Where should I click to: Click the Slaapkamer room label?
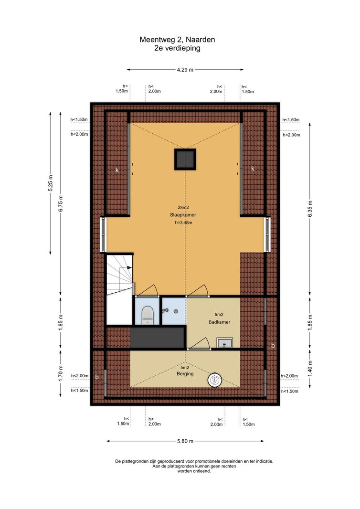click(x=183, y=215)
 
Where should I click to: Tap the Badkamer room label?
click(x=220, y=322)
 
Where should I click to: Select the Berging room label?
click(x=185, y=374)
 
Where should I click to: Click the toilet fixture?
click(x=148, y=315)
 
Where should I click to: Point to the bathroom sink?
click(x=225, y=343)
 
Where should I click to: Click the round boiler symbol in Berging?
click(x=214, y=380)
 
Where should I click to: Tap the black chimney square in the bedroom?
click(x=185, y=159)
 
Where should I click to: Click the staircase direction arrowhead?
click(x=129, y=267)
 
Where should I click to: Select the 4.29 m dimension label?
click(x=185, y=69)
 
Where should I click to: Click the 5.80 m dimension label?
click(x=185, y=441)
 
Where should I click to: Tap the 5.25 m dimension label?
click(x=50, y=184)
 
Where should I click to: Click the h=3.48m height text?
click(x=183, y=223)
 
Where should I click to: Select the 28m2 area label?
click(x=183, y=207)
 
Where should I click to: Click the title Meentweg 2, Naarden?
click(x=177, y=40)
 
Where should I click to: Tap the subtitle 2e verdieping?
click(x=177, y=48)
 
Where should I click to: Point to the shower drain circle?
click(x=176, y=311)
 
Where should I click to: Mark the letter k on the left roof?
click(x=117, y=170)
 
